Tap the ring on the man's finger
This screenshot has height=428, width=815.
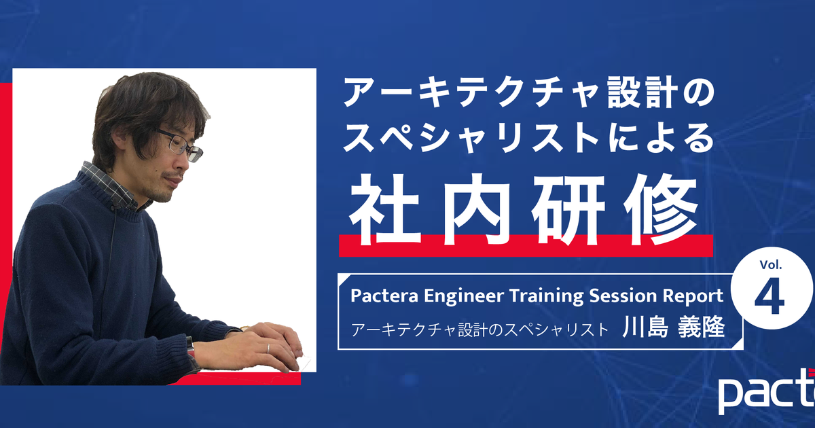[268, 349]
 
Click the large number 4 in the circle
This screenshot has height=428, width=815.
[769, 297]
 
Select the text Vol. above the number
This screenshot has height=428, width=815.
[771, 264]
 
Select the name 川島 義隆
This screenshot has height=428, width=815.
[673, 327]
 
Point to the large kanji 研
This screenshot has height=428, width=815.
[568, 210]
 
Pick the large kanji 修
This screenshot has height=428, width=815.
[660, 211]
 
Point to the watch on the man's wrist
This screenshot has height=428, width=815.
[191, 348]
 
